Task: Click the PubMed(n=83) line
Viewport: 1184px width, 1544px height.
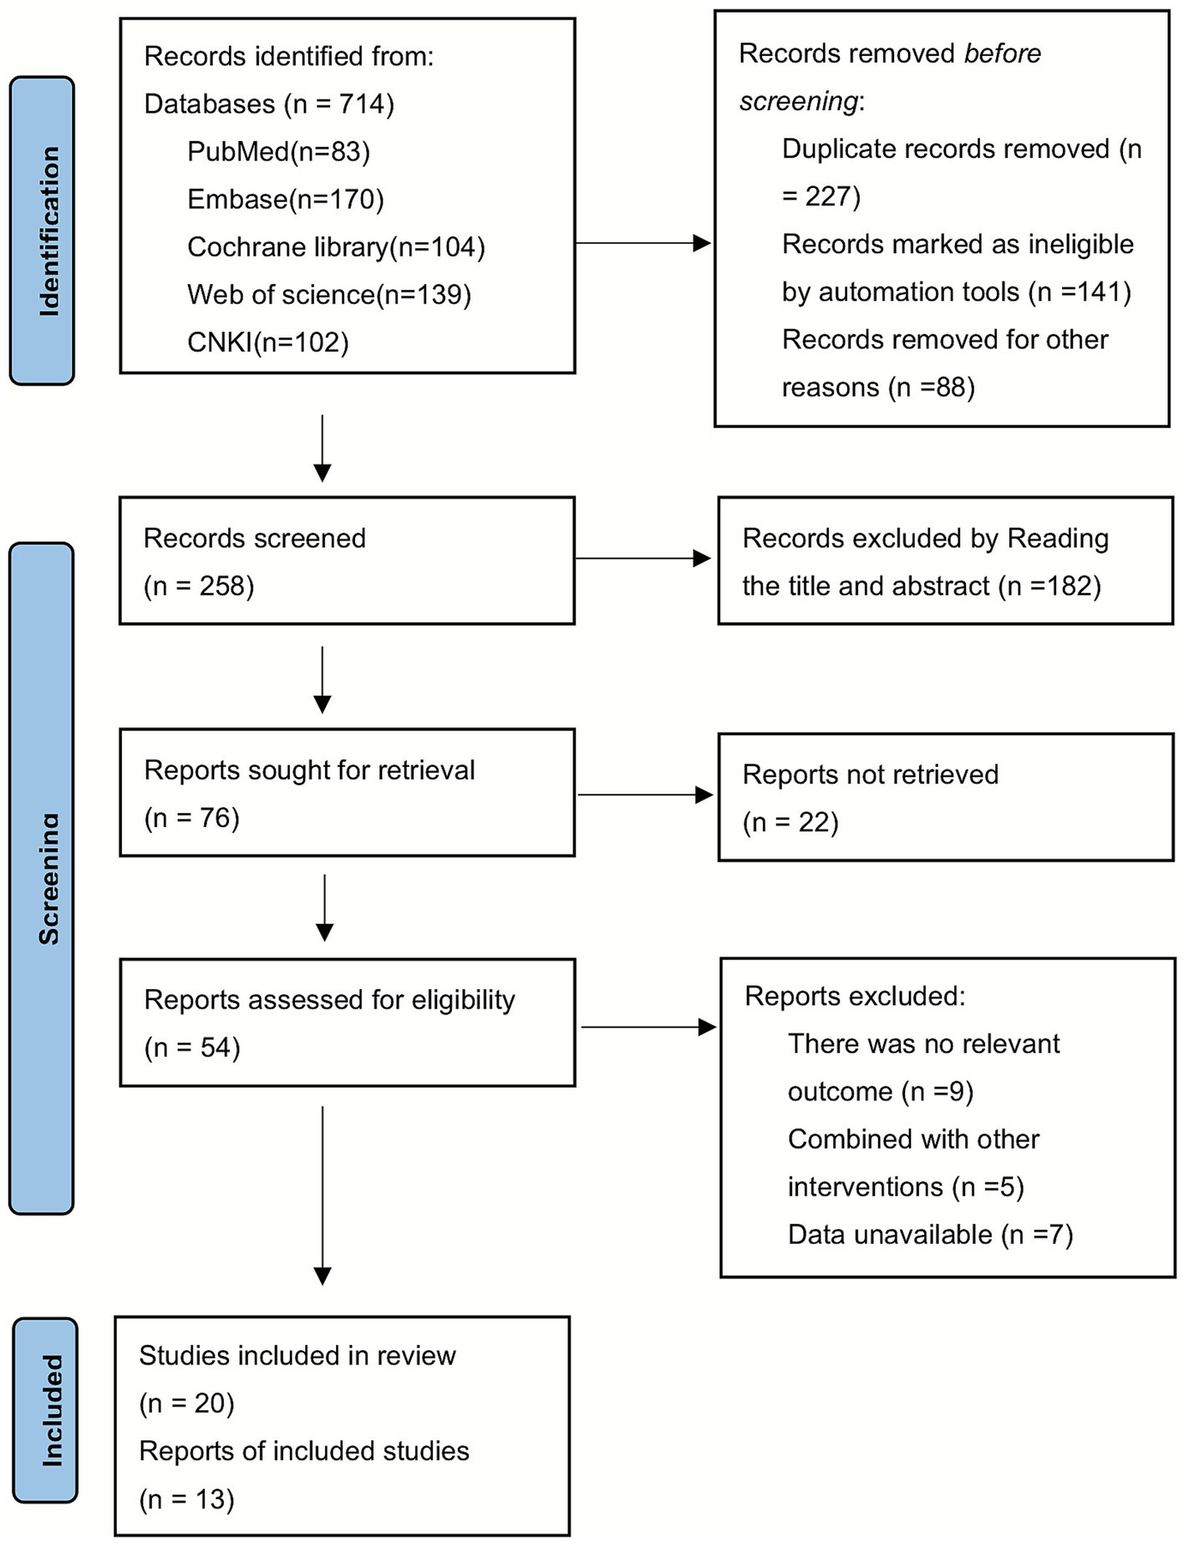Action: pos(278,151)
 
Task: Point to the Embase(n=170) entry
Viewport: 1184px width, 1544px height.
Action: pos(285,199)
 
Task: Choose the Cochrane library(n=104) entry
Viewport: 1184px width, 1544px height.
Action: pos(336,246)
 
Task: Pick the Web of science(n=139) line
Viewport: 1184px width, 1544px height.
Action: pos(329,294)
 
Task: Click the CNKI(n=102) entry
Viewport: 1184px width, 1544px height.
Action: pos(267,342)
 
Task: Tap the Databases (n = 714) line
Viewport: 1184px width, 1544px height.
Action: pos(269,104)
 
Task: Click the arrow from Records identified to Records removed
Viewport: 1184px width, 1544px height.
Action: pos(643,243)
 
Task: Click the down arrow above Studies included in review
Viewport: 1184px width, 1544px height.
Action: pos(323,1195)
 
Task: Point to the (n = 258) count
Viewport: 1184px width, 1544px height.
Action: pos(199,586)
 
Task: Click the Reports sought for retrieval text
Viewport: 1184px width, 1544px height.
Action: pos(309,769)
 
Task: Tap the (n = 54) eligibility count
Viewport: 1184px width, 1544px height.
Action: pos(192,1047)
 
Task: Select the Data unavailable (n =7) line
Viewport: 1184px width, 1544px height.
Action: pos(930,1234)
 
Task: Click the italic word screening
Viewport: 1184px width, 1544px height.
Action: pos(798,101)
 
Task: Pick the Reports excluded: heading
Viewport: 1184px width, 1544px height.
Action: pos(855,996)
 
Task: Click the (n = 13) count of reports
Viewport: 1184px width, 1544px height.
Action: pos(186,1499)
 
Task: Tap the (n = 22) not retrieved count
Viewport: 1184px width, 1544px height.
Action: pos(790,822)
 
